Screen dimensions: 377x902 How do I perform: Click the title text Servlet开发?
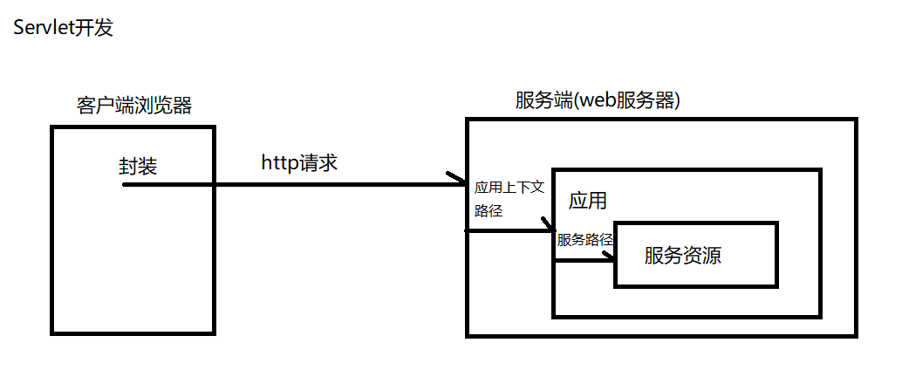tap(63, 29)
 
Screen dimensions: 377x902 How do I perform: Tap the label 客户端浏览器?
tap(133, 106)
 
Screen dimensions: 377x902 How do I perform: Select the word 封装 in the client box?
tap(138, 167)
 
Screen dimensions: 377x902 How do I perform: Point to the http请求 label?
tap(299, 162)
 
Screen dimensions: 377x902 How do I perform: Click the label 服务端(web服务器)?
tap(598, 100)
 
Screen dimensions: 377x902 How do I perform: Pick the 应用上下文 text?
tap(509, 188)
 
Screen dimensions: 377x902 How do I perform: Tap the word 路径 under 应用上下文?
tap(489, 211)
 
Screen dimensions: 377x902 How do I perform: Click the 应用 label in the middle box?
tap(587, 201)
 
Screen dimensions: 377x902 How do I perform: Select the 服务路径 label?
tap(585, 240)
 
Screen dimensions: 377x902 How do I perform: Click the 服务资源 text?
tap(683, 256)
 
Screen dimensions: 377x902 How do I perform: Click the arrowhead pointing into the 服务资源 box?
tap(610, 259)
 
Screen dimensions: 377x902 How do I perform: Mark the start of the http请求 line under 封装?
tap(125, 185)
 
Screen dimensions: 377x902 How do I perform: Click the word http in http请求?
tap(279, 162)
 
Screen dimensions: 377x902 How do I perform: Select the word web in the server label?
tap(597, 100)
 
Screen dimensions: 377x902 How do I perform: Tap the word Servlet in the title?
tap(43, 29)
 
